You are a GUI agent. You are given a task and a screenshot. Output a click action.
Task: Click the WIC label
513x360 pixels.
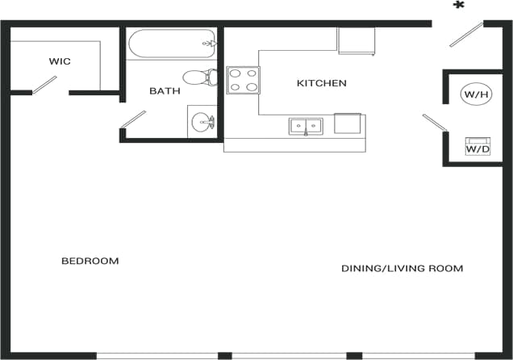point(60,61)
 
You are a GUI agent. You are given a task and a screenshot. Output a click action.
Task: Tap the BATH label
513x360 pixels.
point(165,91)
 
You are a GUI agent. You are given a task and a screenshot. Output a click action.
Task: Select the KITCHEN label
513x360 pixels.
point(321,83)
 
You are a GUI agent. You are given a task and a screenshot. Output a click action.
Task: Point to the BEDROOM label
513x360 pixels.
point(90,261)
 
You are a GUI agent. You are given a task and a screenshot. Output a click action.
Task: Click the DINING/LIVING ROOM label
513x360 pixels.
point(402,268)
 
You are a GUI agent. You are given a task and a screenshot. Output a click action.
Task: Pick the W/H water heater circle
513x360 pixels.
point(475,94)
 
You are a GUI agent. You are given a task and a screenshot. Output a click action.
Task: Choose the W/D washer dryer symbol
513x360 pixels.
point(478,147)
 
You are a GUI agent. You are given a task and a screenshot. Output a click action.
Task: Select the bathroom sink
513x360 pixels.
point(202,122)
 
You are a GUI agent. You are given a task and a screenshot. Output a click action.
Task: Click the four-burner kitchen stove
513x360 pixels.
point(243,80)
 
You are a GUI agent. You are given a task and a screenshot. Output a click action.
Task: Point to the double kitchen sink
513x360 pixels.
point(306,126)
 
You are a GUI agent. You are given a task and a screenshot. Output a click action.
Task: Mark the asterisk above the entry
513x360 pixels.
point(459,6)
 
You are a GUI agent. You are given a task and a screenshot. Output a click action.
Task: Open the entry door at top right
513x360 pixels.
point(465,34)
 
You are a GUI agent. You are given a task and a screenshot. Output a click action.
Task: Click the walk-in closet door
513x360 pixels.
point(44,85)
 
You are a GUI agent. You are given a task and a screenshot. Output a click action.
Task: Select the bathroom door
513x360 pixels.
point(133,118)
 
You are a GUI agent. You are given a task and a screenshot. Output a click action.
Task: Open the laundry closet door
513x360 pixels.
point(434,122)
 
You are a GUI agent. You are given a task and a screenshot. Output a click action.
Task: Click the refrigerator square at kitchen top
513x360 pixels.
point(356,40)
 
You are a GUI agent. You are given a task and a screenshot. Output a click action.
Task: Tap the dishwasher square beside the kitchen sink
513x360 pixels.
point(348,123)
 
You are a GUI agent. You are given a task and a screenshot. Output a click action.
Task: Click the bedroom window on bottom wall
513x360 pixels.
point(157,355)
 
